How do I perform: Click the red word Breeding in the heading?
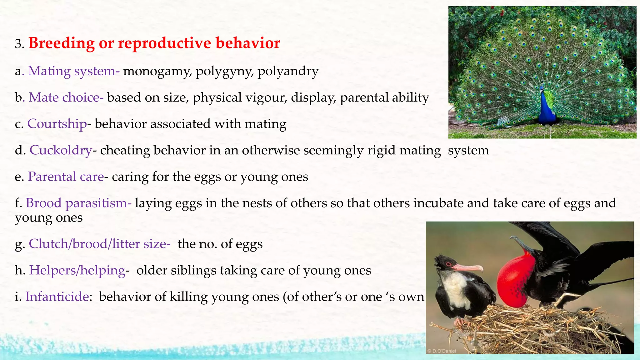pos(62,43)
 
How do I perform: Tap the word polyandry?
pos(288,71)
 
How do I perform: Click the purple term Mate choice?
pos(66,97)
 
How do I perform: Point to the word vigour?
pos(266,97)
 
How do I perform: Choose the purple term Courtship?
pos(57,124)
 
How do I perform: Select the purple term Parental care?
pos(66,177)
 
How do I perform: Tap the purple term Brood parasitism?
pos(78,203)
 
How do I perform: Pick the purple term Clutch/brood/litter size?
pos(99,244)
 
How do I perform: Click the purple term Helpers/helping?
pos(77,270)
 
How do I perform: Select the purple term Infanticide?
pos(57,297)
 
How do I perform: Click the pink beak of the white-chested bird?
pos(467,267)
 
